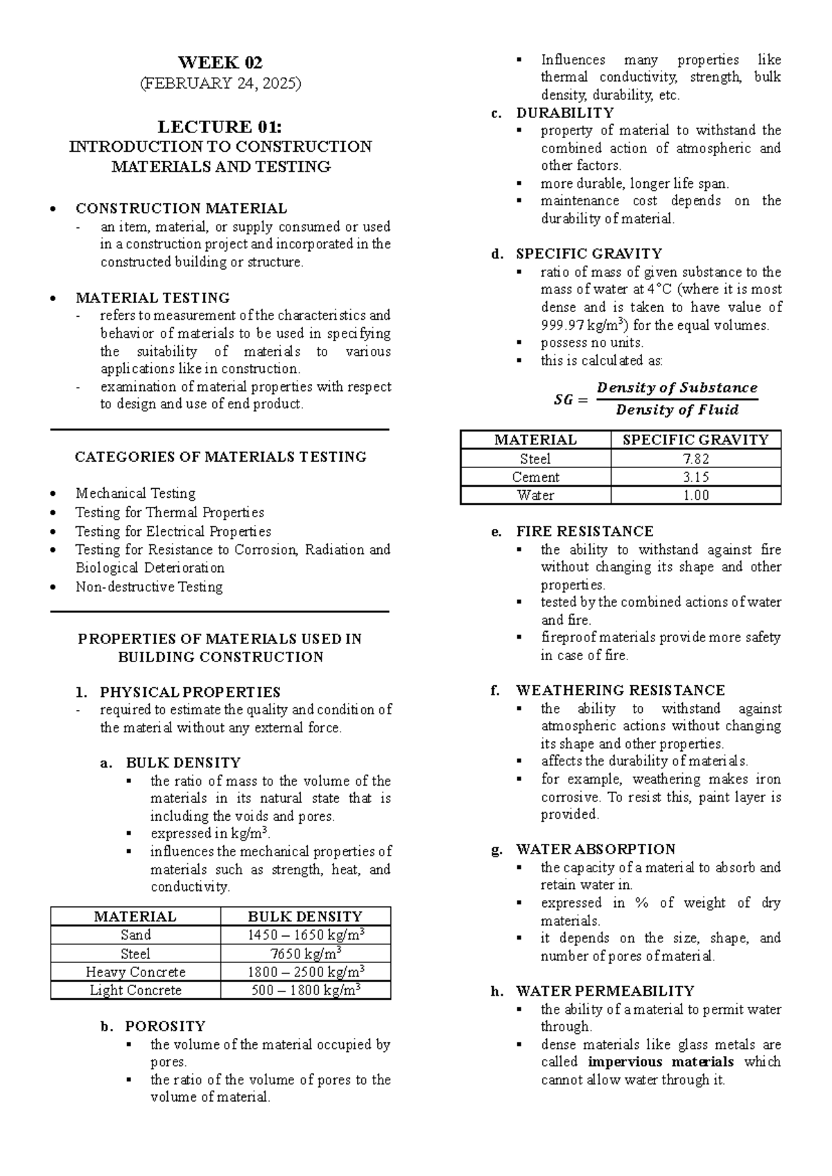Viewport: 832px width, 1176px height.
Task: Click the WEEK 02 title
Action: coord(220,62)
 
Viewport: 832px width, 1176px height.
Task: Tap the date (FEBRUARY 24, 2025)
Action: coord(220,84)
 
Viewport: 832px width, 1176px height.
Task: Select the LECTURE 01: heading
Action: coord(220,127)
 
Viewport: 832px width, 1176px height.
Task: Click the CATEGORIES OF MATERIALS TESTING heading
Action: coord(220,457)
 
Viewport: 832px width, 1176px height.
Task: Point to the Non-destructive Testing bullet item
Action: coord(149,587)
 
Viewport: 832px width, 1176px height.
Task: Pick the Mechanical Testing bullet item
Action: coord(135,494)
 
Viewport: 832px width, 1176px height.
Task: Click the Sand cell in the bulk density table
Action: coord(135,935)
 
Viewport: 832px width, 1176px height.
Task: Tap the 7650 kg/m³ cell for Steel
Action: coord(305,953)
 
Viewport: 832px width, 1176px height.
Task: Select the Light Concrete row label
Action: coord(135,990)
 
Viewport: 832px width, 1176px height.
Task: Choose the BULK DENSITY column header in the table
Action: coord(305,917)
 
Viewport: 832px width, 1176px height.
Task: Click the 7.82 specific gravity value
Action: coord(695,458)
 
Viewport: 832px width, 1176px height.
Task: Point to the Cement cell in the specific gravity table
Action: coord(535,477)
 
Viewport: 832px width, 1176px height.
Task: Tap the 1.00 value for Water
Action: coord(695,495)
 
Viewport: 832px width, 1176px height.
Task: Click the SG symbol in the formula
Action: coord(564,399)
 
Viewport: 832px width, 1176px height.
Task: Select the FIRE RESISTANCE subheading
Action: coord(584,532)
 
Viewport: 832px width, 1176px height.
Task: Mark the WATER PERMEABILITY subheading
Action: coord(605,992)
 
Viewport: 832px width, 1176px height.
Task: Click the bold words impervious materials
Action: coord(660,1062)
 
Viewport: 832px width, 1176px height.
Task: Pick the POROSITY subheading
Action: coord(165,1026)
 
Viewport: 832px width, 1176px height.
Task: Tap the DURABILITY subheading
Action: coord(565,113)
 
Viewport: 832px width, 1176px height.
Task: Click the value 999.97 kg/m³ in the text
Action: coord(584,325)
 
